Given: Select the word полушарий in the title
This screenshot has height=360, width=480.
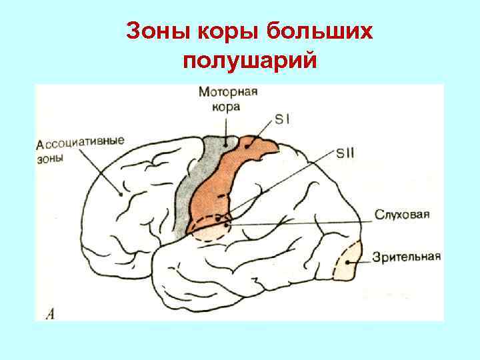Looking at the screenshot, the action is pos(247,61).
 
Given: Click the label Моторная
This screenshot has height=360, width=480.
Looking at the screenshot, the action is pos(228,93).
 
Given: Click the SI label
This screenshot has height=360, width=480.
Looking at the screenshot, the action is pos(283,120).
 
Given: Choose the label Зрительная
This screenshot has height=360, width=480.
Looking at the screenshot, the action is pos(406,257).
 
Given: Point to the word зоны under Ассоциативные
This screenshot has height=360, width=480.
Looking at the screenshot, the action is pos(52,159).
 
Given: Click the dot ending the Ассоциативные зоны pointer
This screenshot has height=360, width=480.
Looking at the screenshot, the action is pos(120,195).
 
